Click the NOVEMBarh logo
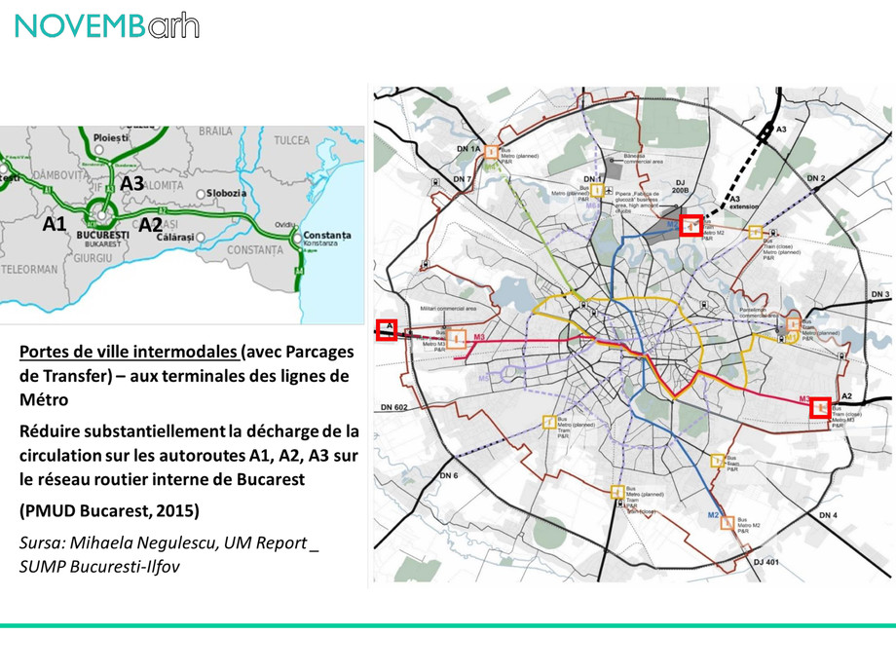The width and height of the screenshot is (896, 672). coord(107,26)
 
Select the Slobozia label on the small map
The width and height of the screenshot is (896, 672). coord(230,193)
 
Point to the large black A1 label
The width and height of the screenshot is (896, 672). coord(55,223)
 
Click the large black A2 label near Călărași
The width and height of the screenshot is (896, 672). coord(150,224)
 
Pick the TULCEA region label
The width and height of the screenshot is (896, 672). coord(292,140)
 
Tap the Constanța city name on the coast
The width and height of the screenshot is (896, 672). coord(327,235)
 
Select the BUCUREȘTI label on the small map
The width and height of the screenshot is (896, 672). coord(101,235)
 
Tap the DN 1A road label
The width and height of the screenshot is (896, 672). coord(469,149)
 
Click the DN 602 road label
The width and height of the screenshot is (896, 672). coord(395,407)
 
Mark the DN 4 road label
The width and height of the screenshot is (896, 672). coord(828,513)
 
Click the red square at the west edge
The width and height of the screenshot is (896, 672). coord(387,329)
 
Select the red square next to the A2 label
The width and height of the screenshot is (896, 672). coord(822,406)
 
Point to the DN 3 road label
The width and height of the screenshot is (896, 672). coord(880,293)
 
